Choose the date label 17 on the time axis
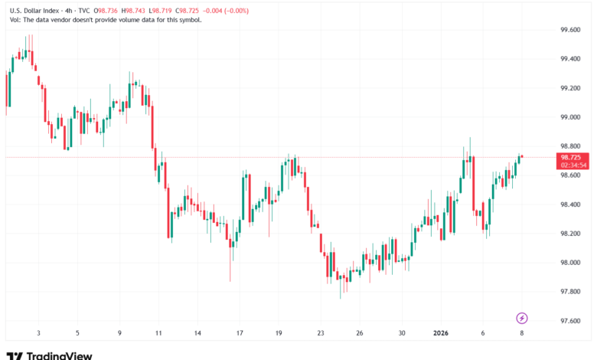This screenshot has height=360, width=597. coord(240,333)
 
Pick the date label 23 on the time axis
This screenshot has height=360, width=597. coord(321,333)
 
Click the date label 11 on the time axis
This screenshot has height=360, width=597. coord(158,333)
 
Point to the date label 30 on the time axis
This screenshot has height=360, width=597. coord(402,333)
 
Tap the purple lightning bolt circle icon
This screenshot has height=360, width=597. coord(522,317)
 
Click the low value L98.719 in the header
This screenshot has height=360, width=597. coord(171,11)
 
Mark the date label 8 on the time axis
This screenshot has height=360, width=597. coord(522,333)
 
